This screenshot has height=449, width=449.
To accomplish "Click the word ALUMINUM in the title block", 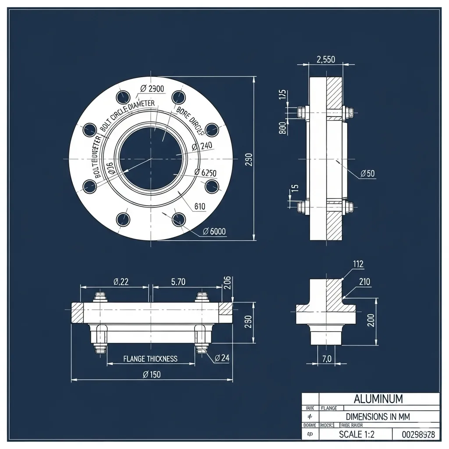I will coord(378,399).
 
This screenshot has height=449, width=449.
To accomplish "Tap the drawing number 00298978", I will coord(418,435).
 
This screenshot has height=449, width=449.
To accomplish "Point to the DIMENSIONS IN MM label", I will coord(378,417).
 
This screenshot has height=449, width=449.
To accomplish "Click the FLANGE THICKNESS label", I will coord(150,359).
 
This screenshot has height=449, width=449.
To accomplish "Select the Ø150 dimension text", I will coord(152,374).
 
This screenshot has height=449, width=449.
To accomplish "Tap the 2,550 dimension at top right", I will coord(325,60).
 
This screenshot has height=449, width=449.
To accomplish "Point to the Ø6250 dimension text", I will coord(205,172).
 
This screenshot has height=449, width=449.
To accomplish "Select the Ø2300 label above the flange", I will coord(152,89).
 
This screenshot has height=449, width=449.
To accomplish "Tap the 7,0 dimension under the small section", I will coord(327,358).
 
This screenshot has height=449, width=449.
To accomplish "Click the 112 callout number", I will coord(358,264).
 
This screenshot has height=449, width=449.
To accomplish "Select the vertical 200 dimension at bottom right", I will coord(371,321).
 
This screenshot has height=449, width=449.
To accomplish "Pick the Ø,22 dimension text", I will coord(121,282).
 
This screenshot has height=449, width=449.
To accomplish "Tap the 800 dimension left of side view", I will coord(282,128).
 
